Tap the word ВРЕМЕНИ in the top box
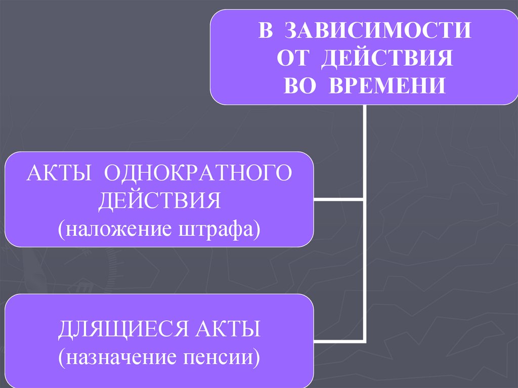tap(388, 85)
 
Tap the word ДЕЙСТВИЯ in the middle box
tap(160, 201)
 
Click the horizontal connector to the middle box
tap(338, 199)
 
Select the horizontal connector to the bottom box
tap(338, 339)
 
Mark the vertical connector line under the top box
tap(364, 152)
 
